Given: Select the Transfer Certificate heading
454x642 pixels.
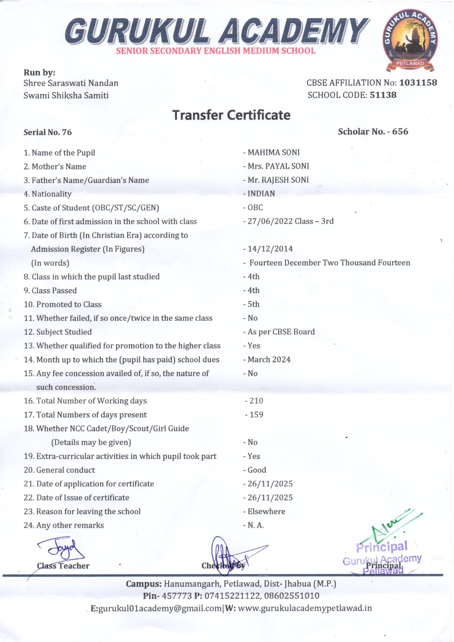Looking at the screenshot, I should (231, 115).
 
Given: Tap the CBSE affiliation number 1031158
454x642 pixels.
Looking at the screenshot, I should (418, 83).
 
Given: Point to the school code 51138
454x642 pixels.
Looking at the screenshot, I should (383, 95).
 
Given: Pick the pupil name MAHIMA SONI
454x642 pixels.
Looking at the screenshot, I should (274, 153).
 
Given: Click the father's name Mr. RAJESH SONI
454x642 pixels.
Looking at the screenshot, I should (278, 180).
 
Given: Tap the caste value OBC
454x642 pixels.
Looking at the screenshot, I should (255, 208).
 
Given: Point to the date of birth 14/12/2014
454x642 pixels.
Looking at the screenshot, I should (270, 249).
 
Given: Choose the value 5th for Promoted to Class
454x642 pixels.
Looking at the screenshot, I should (253, 304).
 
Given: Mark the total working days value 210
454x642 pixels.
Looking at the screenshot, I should (256, 401).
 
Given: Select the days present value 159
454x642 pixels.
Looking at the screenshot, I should (256, 415).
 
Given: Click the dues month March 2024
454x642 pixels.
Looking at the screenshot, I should (269, 360).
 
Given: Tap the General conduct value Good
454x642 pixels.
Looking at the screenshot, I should (257, 470).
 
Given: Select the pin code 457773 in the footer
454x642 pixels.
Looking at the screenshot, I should (177, 596).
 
